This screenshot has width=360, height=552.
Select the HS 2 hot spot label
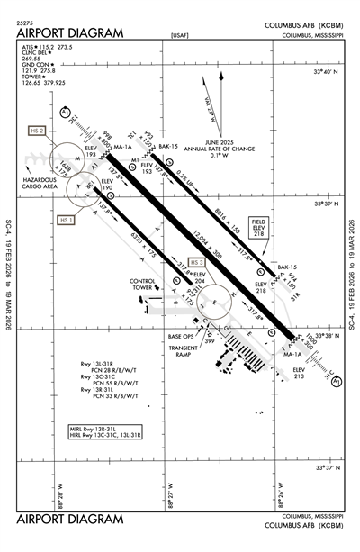point(37,130)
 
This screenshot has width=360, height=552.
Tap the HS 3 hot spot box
point(185,262)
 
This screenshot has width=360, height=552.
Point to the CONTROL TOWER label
point(144,285)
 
